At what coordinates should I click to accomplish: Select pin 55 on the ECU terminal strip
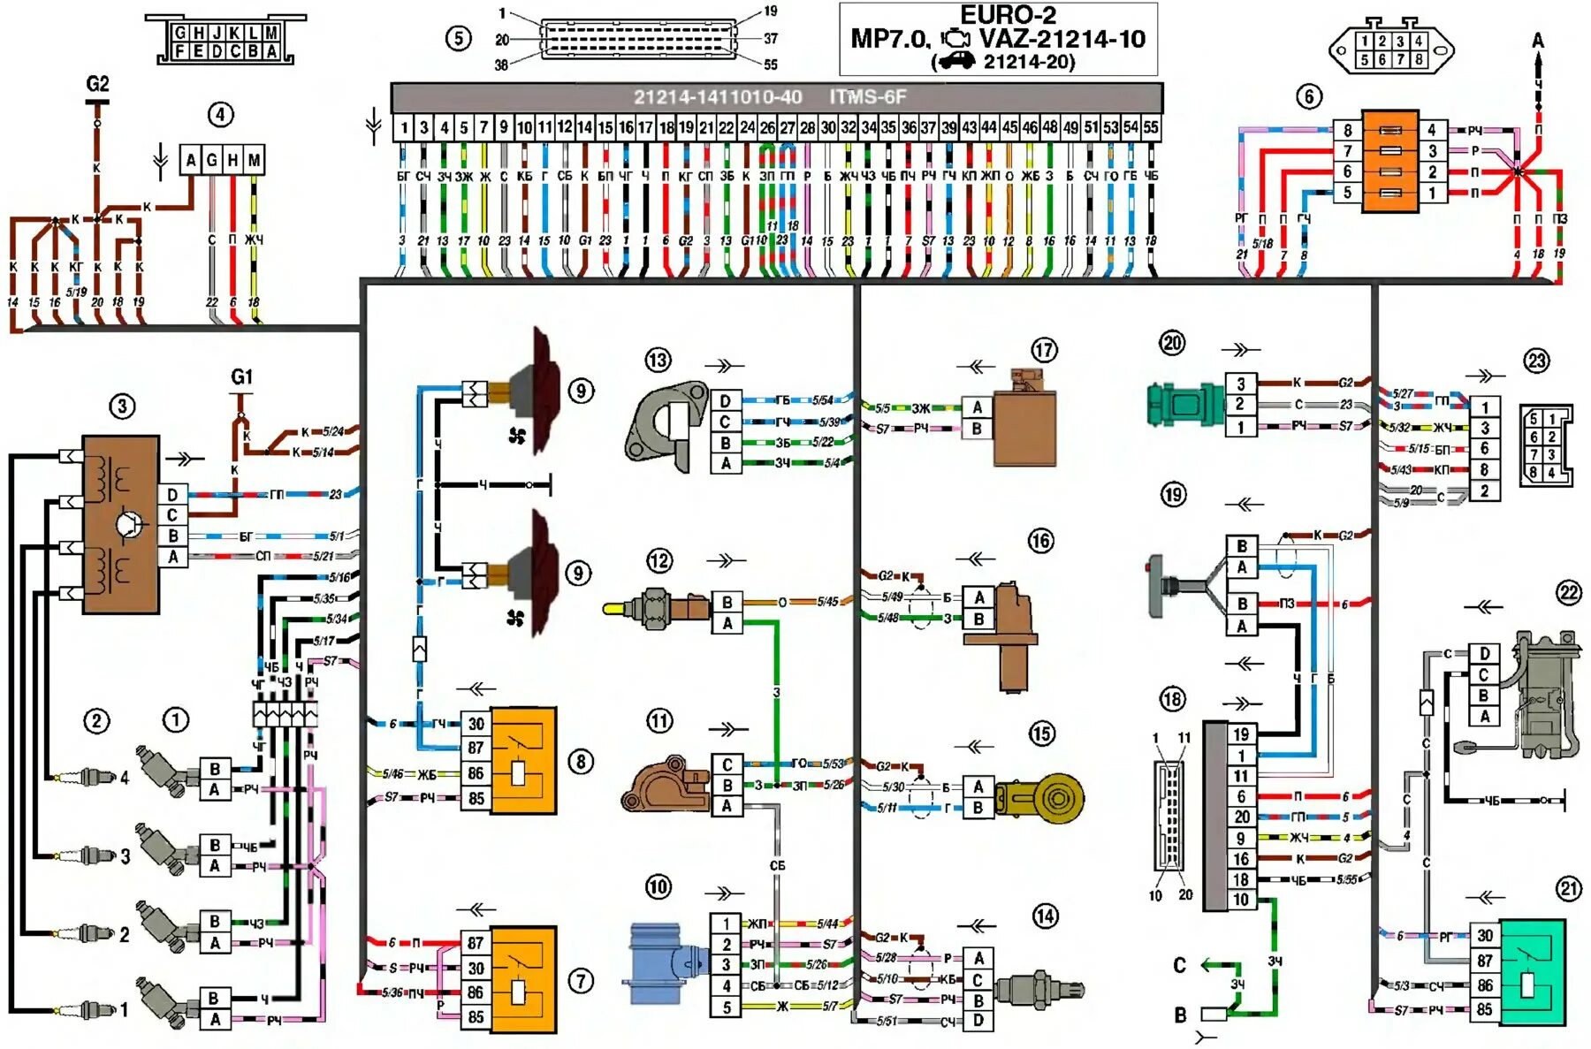[1150, 127]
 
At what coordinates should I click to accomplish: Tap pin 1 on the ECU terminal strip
[404, 127]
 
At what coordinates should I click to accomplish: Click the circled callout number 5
[458, 39]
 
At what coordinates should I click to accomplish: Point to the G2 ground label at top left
[97, 84]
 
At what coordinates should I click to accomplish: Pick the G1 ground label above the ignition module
[241, 377]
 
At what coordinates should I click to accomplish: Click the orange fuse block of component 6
[1389, 161]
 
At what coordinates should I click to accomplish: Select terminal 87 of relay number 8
[476, 748]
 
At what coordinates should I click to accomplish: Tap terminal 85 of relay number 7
[476, 1016]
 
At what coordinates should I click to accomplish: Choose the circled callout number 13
[658, 360]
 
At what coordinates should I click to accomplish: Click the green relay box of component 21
[1533, 971]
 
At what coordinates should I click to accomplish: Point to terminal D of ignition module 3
[172, 495]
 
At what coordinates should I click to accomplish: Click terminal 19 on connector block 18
[1241, 734]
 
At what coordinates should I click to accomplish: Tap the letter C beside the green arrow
[1179, 965]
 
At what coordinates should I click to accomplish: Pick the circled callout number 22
[1568, 593]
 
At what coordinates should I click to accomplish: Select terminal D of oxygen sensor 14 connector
[978, 1021]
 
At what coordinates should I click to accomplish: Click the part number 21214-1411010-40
[717, 97]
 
